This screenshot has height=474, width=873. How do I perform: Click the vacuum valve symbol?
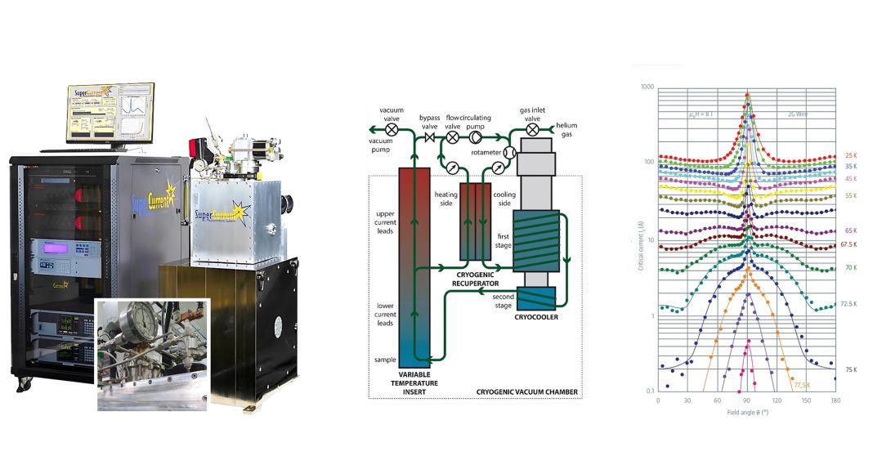[392, 129]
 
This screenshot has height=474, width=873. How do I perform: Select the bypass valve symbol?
[430, 139]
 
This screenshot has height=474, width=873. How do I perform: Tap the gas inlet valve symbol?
[532, 129]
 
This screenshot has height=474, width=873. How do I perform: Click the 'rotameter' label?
[486, 153]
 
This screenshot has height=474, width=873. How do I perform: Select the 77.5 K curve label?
[802, 384]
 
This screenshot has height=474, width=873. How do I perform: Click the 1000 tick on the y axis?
[647, 87]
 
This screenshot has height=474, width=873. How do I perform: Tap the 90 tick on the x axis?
[747, 400]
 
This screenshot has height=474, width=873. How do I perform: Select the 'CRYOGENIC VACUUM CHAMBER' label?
[529, 392]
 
